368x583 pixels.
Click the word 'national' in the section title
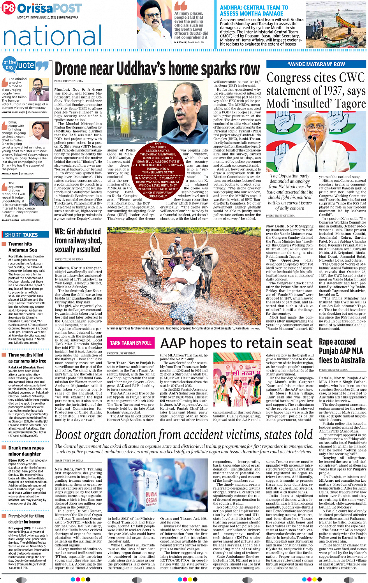point(53,36)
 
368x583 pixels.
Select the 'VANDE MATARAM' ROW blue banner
point(316,64)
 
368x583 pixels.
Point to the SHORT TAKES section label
point(21,235)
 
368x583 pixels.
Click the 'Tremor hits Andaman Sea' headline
point(23,247)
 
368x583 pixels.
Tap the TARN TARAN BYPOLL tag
point(130,343)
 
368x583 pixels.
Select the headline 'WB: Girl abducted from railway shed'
point(78,240)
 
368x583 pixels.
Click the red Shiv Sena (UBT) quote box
point(157,170)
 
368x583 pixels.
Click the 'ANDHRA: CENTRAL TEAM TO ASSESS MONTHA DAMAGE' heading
point(254,11)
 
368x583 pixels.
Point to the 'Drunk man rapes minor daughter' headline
point(26,451)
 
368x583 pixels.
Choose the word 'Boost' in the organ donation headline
point(70,434)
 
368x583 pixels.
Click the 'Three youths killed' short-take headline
point(26,358)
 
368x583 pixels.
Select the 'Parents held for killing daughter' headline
point(26,519)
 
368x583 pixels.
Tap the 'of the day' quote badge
point(10,65)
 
